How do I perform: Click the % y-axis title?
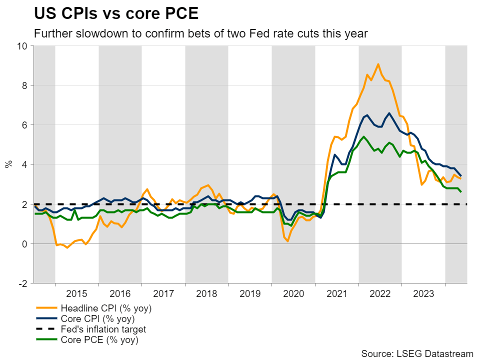click(x=8, y=164)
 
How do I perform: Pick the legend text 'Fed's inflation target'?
click(x=103, y=329)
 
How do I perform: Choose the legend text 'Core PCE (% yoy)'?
click(x=99, y=340)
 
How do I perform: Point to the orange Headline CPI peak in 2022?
click(x=378, y=64)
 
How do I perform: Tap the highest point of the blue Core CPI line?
click(x=389, y=113)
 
